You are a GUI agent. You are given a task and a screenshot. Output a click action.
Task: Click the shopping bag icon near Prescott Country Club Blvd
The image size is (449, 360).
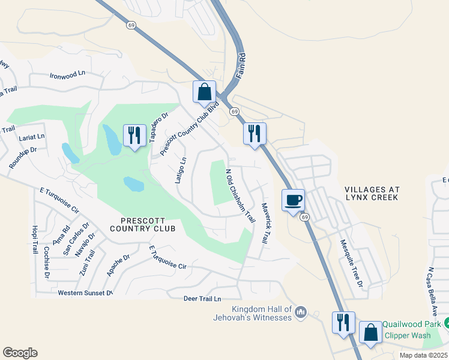[x=204, y=92]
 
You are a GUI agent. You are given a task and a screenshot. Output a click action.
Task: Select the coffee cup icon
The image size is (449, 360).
[x=293, y=200]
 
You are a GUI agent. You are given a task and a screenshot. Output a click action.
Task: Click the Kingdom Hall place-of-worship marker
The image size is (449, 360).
[x=301, y=312]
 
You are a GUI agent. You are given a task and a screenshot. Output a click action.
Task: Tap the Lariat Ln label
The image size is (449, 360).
[x=32, y=137]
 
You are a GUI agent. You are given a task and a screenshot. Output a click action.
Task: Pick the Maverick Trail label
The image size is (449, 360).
[x=264, y=222]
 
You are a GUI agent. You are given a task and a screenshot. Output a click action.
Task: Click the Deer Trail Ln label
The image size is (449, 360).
[x=202, y=298]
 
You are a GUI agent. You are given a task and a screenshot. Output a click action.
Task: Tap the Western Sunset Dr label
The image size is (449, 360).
[x=85, y=293]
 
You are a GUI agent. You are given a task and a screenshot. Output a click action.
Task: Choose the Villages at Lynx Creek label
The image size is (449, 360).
[x=372, y=193]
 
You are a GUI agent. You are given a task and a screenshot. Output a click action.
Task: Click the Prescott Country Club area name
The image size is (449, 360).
[x=143, y=224]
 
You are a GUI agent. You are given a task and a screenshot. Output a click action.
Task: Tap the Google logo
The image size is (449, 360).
[x=20, y=352]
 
